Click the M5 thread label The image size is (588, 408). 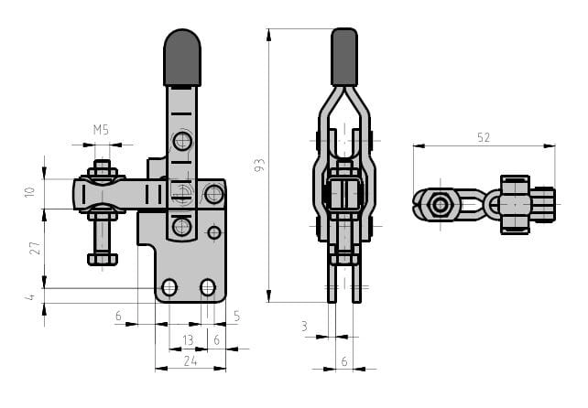pos(101,130)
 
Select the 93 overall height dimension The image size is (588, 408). pos(259,165)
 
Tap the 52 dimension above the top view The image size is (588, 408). pos(484,138)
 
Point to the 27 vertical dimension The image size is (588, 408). pos(35,248)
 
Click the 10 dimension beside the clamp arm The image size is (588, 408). pos(29,192)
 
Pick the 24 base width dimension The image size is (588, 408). pos(191,361)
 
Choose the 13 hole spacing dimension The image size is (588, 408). pos(188,340)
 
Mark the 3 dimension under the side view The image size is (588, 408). pos(304,327)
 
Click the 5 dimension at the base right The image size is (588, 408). pos(236,317)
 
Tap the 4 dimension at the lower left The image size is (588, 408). pos(29,297)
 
